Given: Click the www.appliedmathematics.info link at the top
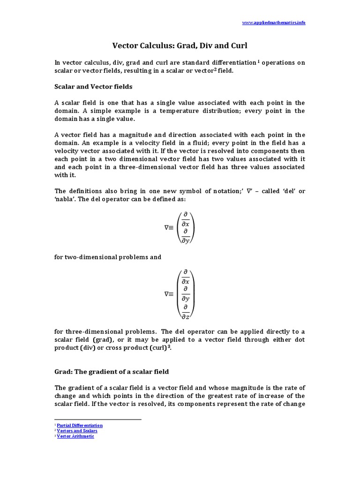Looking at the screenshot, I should click(x=274, y=22).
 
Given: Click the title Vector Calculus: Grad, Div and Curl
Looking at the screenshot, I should click(x=180, y=46).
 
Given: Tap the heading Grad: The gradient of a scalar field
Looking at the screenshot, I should click(x=112, y=372).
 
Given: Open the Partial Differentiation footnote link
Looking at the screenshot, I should click(x=80, y=425).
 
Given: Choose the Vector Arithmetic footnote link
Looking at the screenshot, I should click(x=75, y=436).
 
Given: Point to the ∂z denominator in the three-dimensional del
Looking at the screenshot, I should click(x=186, y=317).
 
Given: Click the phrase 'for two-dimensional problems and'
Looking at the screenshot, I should click(x=108, y=257).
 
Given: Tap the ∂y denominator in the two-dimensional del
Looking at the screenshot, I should click(x=186, y=241).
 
